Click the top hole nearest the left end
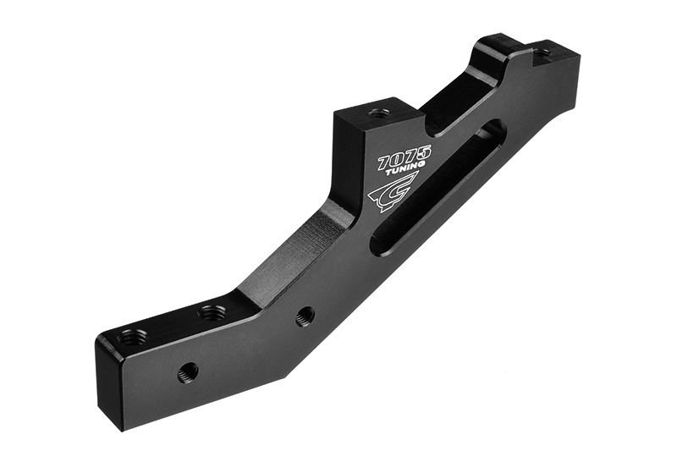132,337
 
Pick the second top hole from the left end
212,313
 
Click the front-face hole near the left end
188,371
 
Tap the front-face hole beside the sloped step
305,316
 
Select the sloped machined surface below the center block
292,254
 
